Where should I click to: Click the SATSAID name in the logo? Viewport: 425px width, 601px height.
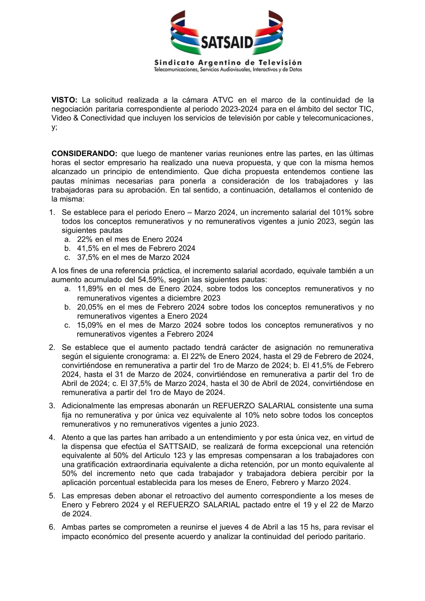[x=227, y=42]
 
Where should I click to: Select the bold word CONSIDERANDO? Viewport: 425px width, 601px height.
[x=84, y=154]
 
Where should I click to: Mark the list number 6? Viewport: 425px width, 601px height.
[x=52, y=527]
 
